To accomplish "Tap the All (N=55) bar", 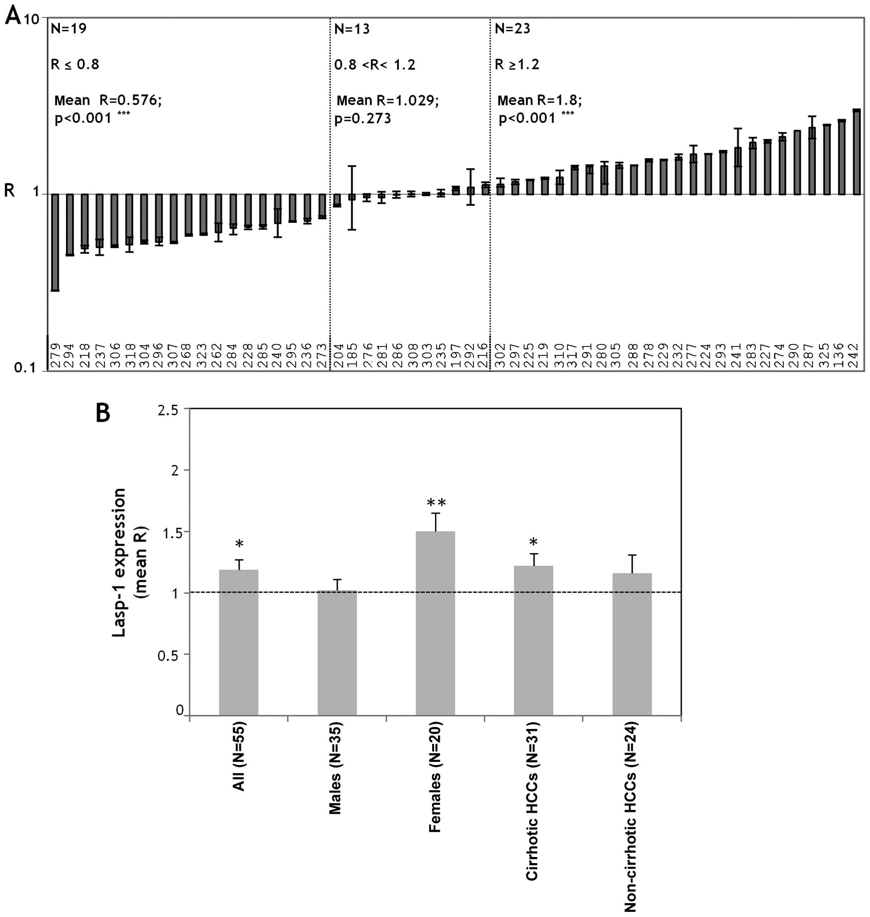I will [x=238, y=643].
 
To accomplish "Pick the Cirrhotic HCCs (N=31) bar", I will [x=533, y=641].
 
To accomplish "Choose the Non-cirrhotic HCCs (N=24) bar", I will [x=632, y=645].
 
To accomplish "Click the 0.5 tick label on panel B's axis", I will [x=168, y=655].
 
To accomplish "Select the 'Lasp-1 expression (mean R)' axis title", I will [x=130, y=562].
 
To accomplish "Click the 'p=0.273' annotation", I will [x=362, y=119].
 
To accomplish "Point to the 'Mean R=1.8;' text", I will [x=539, y=100].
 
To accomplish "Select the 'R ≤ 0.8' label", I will [x=75, y=64].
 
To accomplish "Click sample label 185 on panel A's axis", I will [x=352, y=355].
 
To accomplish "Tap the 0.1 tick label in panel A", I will [x=25, y=368].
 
